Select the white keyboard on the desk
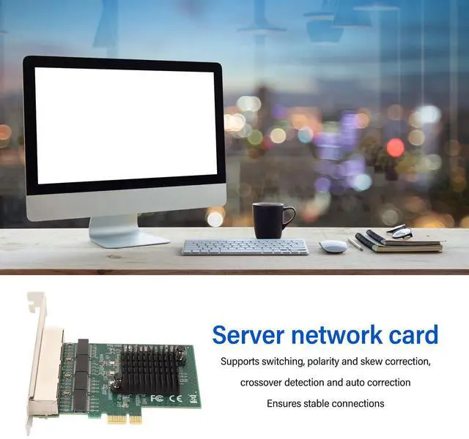click(245, 247)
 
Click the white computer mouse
click(333, 247)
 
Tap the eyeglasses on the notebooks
click(400, 233)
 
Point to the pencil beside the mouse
click(355, 244)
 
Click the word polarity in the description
click(328, 362)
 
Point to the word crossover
click(264, 383)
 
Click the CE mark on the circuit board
click(174, 399)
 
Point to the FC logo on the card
click(157, 399)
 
